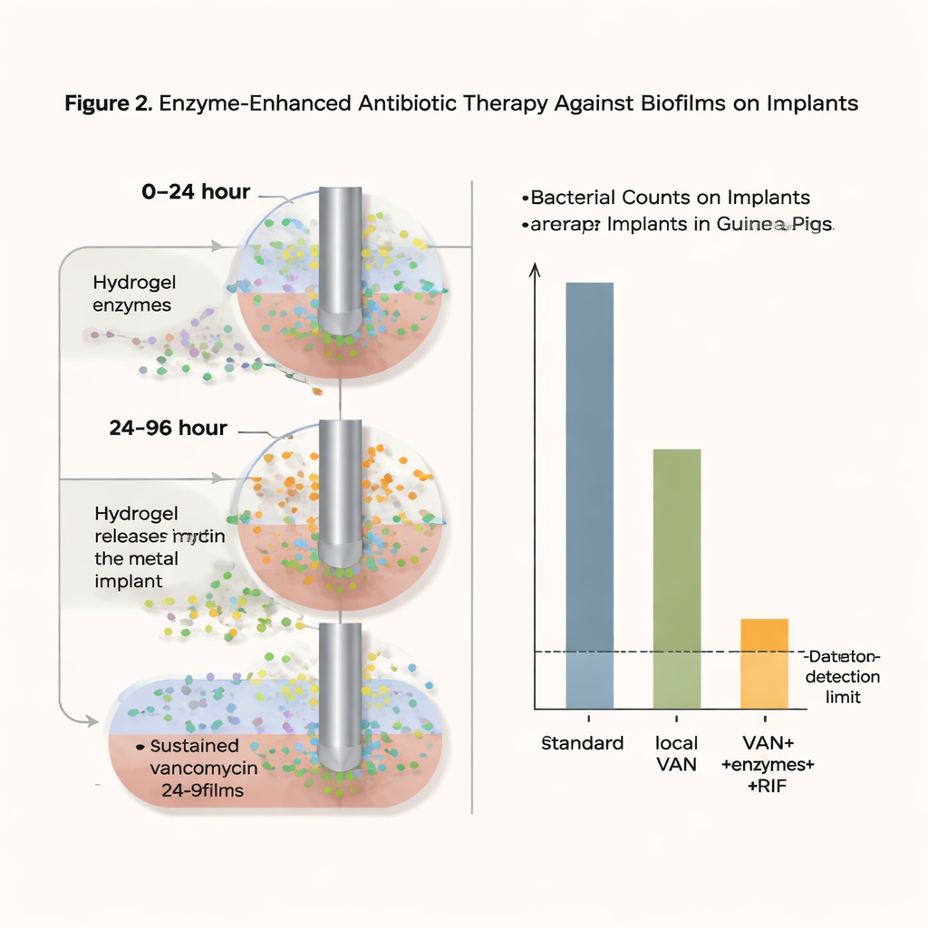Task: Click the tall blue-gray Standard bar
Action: point(589,494)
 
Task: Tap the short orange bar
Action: point(764,663)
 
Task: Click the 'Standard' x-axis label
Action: point(583,743)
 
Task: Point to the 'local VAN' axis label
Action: point(676,753)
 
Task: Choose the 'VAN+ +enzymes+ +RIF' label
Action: point(768,765)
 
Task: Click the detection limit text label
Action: point(843,678)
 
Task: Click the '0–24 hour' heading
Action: point(195,192)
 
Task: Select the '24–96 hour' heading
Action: point(167,428)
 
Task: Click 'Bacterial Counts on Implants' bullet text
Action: point(670,198)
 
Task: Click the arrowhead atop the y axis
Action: point(534,269)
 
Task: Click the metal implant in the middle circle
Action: point(340,489)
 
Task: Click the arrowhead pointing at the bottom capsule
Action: point(92,720)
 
